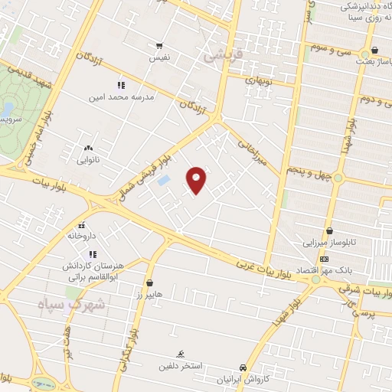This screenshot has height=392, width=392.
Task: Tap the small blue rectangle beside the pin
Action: point(163,181)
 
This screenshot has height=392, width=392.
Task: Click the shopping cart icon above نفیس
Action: point(158,46)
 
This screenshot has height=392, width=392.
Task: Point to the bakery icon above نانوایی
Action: point(89,149)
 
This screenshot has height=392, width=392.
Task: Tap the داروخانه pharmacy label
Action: point(83,236)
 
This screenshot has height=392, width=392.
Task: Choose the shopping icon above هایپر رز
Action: point(148,283)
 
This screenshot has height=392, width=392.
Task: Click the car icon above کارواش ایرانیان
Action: point(243,367)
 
